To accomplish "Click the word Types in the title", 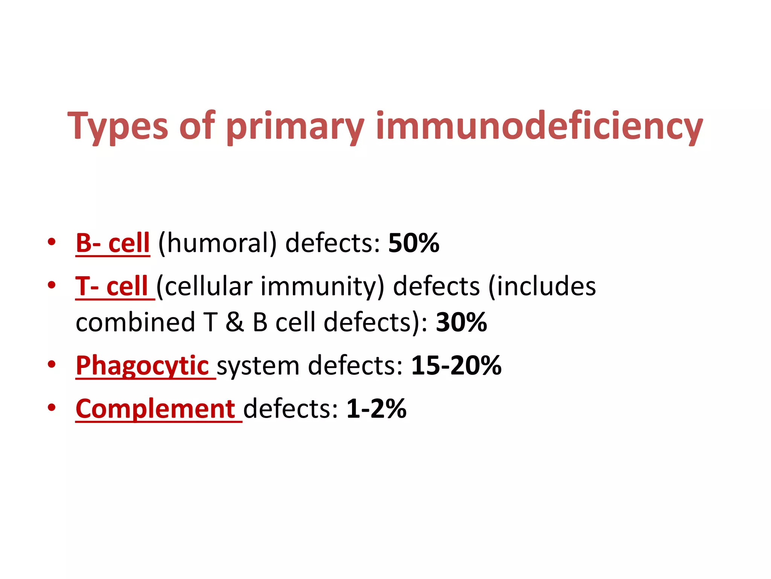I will (x=117, y=126).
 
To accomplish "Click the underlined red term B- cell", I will (x=113, y=243).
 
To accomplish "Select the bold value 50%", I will (x=414, y=243).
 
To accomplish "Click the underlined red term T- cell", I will (x=112, y=286).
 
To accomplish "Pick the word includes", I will (x=542, y=286).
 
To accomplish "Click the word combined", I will (x=135, y=323).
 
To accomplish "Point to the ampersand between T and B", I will (x=235, y=323).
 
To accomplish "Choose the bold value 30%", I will (x=462, y=323).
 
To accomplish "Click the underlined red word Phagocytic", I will (x=142, y=366).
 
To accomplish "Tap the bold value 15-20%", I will (x=456, y=366).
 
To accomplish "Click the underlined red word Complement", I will (x=155, y=409).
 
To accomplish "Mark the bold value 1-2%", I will (x=376, y=409).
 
